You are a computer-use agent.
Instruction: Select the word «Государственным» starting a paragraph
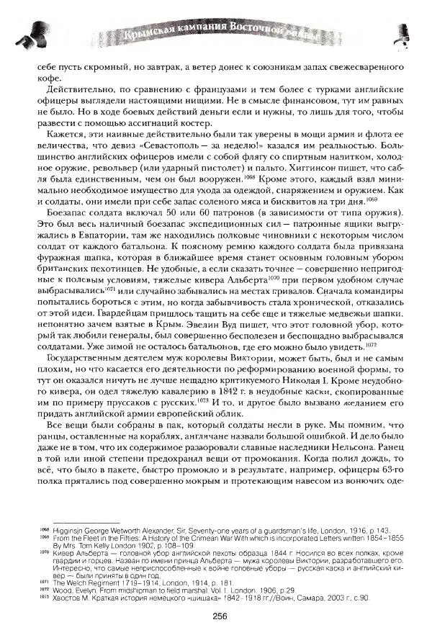pyautogui.click(x=81, y=359)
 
